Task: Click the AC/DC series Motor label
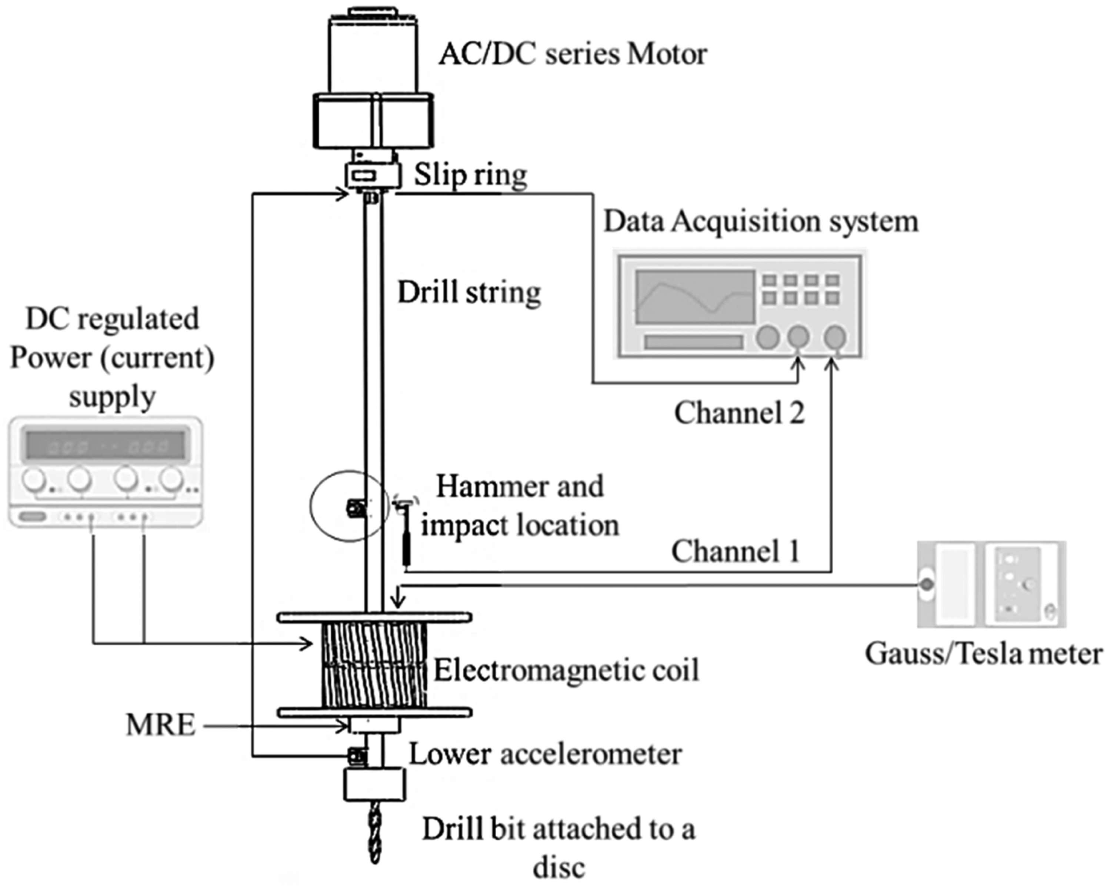pos(573,54)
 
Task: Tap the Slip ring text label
pos(470,175)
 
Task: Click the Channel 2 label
pos(739,413)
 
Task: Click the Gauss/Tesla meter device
pos(991,584)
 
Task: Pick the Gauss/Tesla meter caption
pos(983,654)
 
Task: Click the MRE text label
pos(161,725)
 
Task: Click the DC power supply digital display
pos(105,445)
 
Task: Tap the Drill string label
pos(469,292)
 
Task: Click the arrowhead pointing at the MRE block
pos(342,726)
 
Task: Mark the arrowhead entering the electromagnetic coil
pos(306,643)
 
